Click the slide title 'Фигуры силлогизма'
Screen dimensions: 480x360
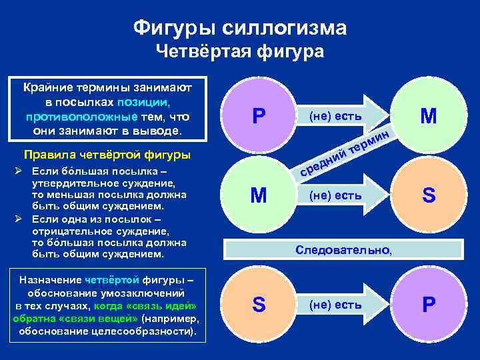(x=239, y=27)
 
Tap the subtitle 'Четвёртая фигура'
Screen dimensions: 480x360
(x=239, y=52)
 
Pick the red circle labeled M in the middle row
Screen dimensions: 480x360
(x=259, y=195)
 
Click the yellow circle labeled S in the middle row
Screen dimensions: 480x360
(x=429, y=195)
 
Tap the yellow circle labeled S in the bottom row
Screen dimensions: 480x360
(x=259, y=305)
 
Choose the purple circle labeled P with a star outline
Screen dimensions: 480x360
(x=429, y=305)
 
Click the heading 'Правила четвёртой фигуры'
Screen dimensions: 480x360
(x=107, y=156)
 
